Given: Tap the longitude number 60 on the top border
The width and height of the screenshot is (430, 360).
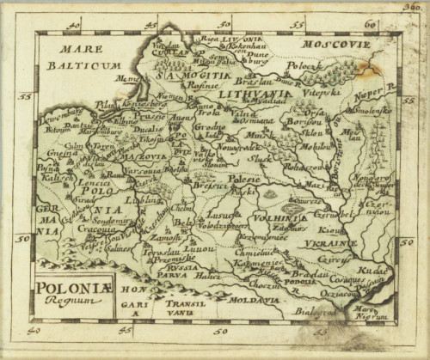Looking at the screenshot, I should pyautogui.click(x=370, y=25).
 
